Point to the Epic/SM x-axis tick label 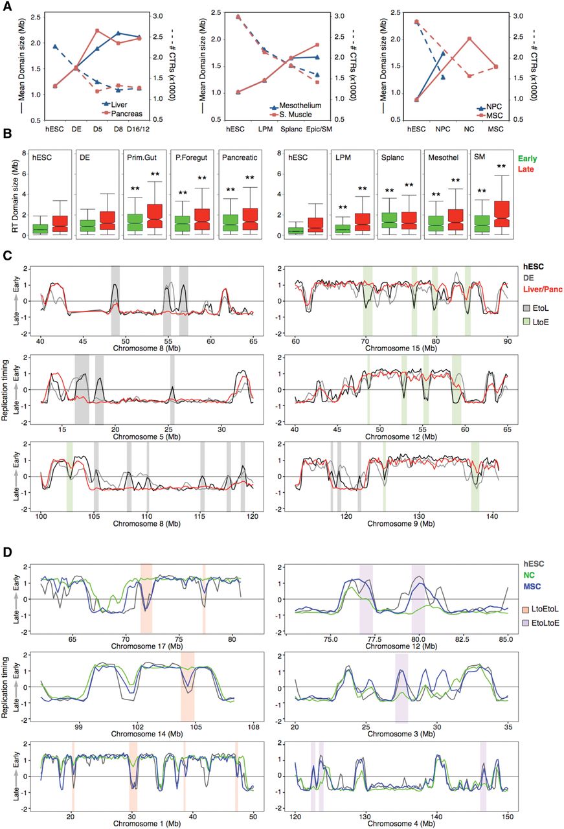click(338, 128)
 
